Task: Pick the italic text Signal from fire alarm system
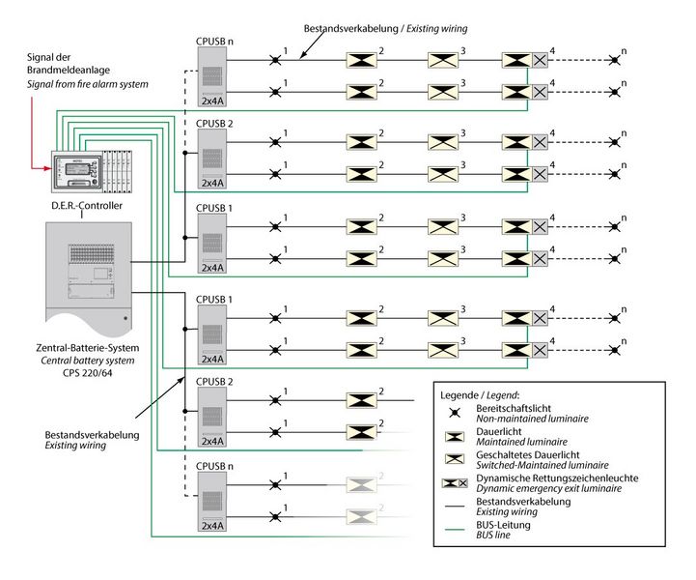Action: pos(87,85)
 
